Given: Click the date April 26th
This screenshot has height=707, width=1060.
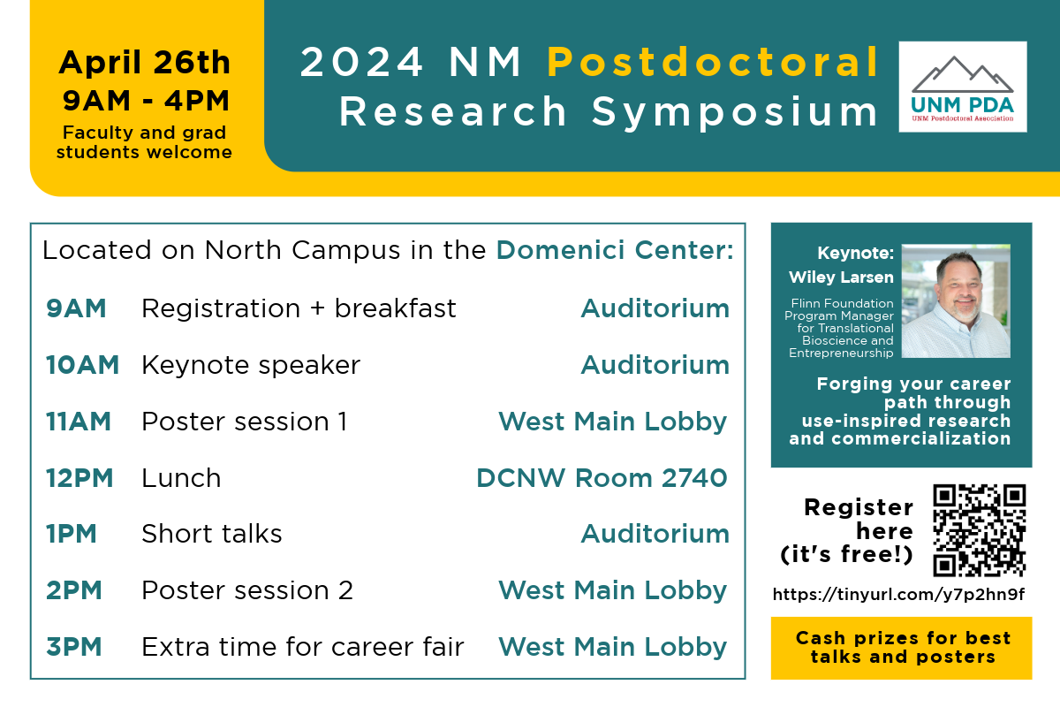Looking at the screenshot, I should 145,64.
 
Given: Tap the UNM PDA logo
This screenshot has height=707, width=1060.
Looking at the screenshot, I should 962,87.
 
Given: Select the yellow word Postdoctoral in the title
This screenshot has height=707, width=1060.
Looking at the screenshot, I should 713,63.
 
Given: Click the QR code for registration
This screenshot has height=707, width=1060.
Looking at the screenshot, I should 980,529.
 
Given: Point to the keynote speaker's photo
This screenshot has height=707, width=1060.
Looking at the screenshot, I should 956,301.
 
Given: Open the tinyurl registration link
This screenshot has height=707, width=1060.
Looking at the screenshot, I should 898,595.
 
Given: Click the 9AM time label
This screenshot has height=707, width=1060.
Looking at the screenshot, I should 76,308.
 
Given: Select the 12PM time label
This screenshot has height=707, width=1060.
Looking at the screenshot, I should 79,478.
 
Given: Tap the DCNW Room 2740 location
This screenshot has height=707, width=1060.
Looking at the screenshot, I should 602,478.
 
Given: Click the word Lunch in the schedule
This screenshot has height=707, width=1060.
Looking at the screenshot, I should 181,478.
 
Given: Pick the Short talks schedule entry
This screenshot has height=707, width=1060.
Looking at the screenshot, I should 212,534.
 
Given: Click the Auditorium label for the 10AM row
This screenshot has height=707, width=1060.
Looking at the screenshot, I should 655,365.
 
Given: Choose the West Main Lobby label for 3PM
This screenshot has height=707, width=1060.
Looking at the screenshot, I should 613,647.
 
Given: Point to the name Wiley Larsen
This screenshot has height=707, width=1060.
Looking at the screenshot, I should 841,277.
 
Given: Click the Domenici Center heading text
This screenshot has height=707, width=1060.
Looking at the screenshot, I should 615,251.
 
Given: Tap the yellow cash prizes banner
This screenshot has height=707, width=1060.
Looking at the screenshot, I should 901,648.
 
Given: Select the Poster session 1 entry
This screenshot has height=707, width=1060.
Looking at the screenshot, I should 244,422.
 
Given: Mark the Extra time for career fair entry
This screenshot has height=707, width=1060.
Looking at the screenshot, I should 302,647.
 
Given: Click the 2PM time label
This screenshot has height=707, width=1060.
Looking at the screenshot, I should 75,590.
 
